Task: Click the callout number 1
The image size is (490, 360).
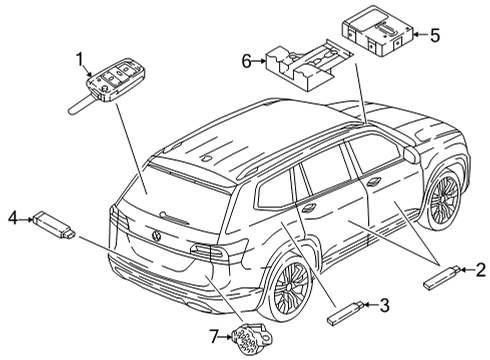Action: point(80,60)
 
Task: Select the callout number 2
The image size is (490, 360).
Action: point(480,270)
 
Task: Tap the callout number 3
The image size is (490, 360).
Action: point(384,305)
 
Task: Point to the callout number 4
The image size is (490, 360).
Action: point(13,219)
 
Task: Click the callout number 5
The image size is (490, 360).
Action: point(435,35)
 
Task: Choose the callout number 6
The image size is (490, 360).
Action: point(246,61)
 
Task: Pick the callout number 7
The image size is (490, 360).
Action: point(215,336)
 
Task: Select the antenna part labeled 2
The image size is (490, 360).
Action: point(442,277)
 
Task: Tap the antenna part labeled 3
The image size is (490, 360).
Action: point(345,312)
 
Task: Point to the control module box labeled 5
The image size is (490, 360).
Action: point(378,31)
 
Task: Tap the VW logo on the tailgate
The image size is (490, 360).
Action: point(156,236)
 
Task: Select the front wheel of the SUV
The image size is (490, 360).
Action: point(444,201)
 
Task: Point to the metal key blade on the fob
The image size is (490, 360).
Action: point(82,104)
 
